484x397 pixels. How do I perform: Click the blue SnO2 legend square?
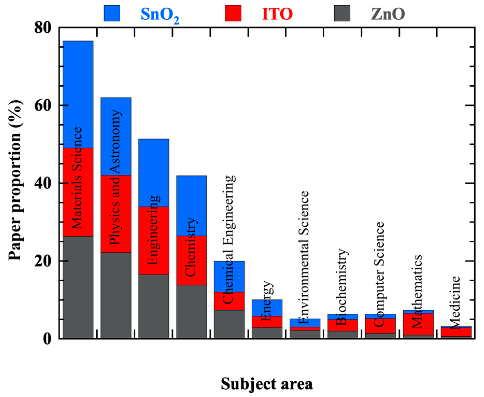(x=112, y=13)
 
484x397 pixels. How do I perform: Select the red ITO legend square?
(x=233, y=13)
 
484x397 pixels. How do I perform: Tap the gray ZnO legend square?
(x=342, y=13)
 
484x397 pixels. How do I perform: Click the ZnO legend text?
(x=388, y=14)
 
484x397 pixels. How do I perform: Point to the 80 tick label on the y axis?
(x=43, y=27)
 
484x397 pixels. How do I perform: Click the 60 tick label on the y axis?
(x=43, y=105)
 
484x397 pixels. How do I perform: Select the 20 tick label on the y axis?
(x=43, y=261)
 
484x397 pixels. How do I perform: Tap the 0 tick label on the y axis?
(x=47, y=338)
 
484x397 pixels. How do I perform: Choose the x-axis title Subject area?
(x=267, y=384)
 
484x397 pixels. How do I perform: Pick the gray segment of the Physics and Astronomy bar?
(x=116, y=296)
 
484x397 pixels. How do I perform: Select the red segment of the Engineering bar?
(x=154, y=241)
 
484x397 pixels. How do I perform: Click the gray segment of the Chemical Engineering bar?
(x=229, y=324)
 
